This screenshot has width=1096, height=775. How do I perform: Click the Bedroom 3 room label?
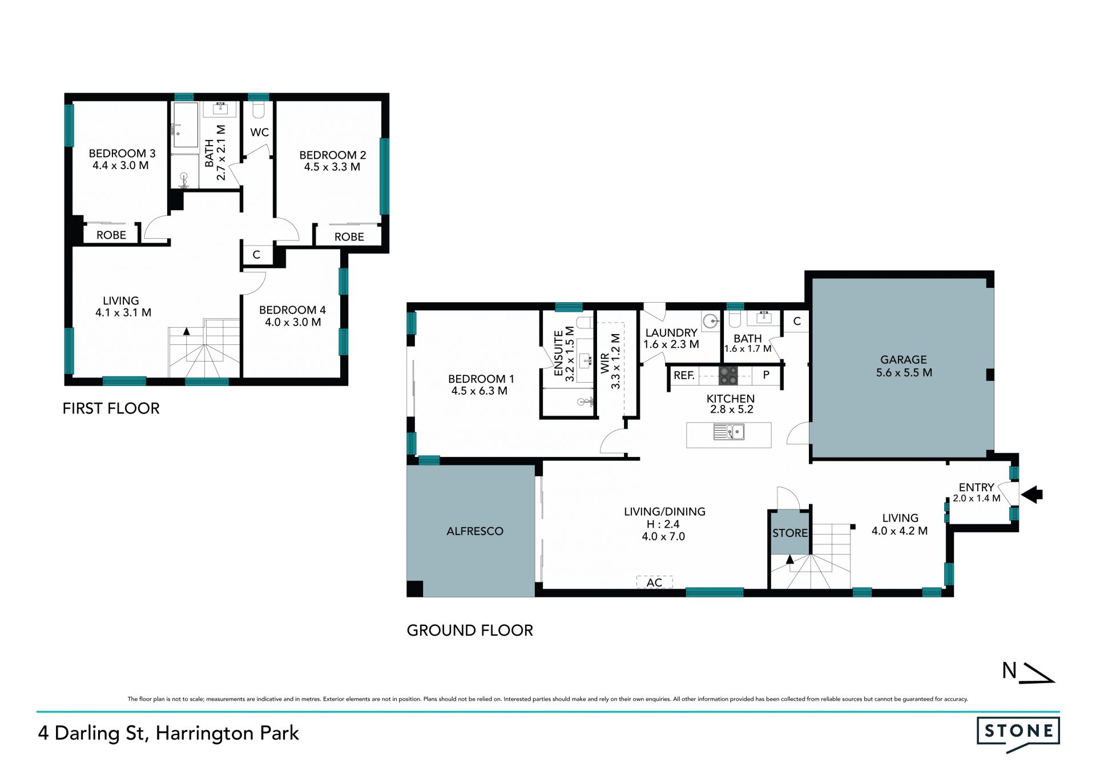pyautogui.click(x=122, y=153)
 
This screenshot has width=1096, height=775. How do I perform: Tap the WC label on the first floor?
pyautogui.click(x=259, y=132)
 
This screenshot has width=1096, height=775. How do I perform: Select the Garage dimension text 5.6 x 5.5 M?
pyautogui.click(x=904, y=372)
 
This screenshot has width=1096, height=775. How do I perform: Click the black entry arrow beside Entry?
pyautogui.click(x=1031, y=495)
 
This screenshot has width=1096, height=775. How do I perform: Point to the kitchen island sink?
pyautogui.click(x=729, y=432)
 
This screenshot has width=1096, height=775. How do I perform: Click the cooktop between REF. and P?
pyautogui.click(x=728, y=375)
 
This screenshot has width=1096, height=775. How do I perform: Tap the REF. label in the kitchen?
pyautogui.click(x=684, y=375)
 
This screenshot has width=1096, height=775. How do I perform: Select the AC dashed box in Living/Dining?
pyautogui.click(x=655, y=582)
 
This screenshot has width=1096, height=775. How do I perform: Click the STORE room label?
pyautogui.click(x=790, y=533)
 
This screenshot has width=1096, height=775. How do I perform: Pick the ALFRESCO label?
pyautogui.click(x=475, y=531)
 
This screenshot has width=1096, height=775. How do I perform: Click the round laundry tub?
pyautogui.click(x=711, y=322)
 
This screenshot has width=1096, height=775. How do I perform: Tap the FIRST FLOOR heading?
pyautogui.click(x=111, y=408)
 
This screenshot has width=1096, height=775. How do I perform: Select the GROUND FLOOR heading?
pyautogui.click(x=470, y=631)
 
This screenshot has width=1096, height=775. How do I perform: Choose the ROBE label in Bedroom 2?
pyautogui.click(x=349, y=236)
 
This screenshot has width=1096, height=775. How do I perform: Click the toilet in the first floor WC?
pyautogui.click(x=259, y=110)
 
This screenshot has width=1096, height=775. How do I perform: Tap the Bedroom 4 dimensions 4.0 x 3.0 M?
pyautogui.click(x=293, y=322)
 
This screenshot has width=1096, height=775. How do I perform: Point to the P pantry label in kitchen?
pyautogui.click(x=767, y=375)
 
